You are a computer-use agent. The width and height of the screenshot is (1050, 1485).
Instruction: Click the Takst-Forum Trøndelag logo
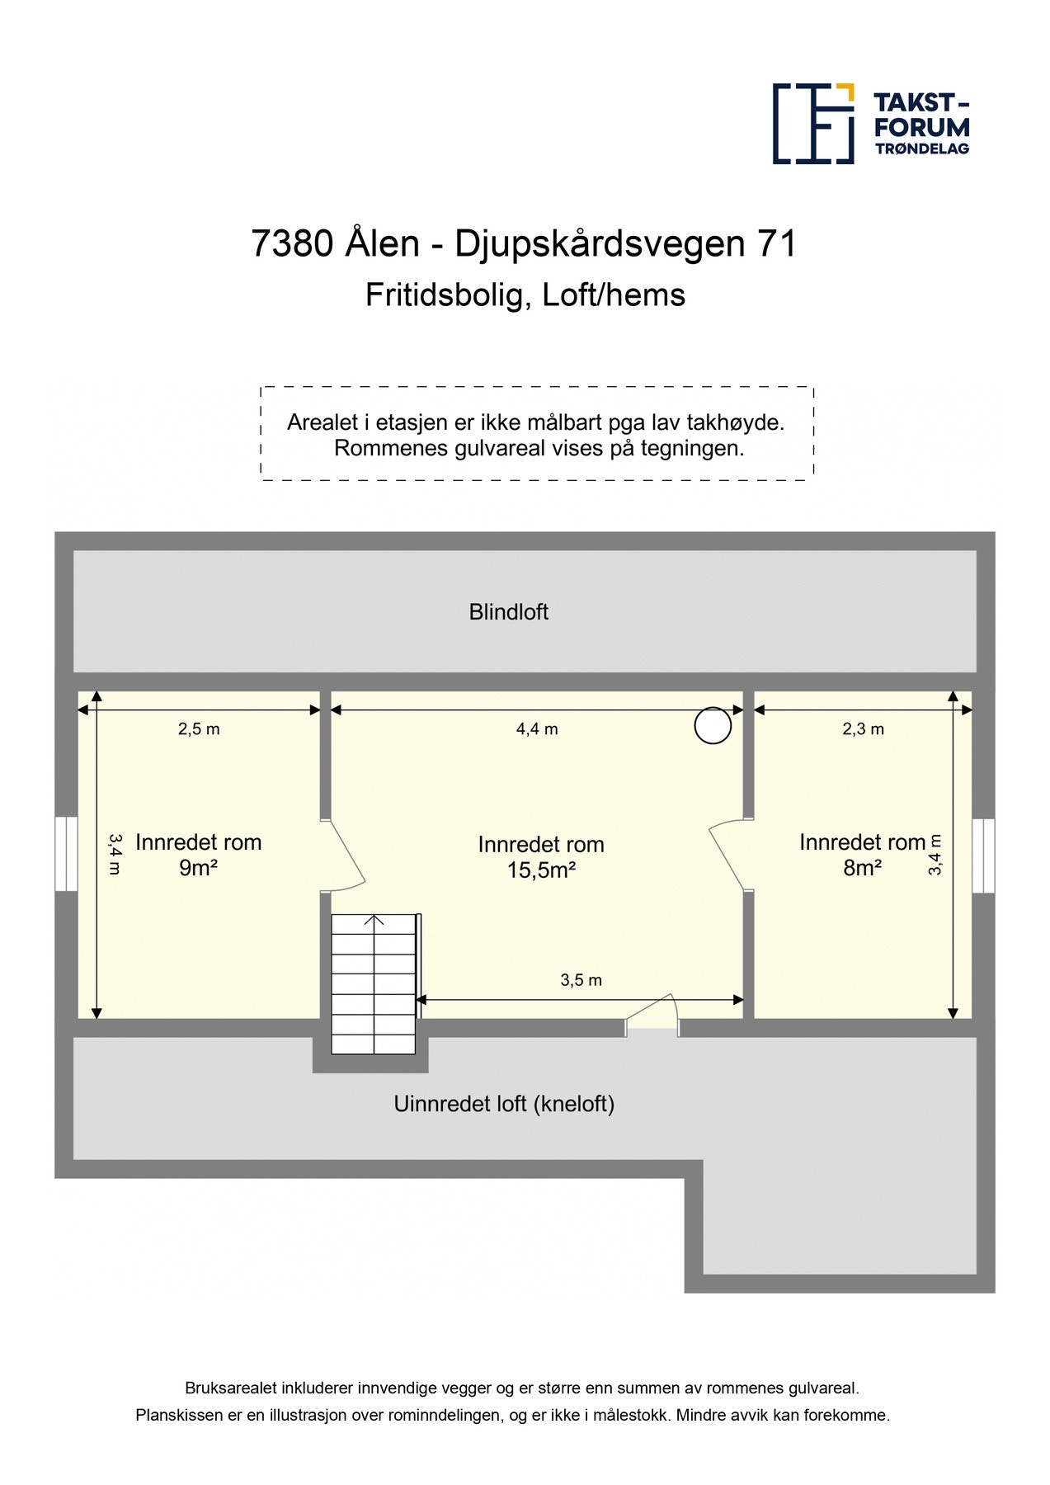[x=870, y=124]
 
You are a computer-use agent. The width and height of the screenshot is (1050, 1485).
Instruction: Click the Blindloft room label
[x=508, y=612]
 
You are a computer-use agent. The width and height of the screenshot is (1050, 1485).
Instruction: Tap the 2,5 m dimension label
[x=199, y=729]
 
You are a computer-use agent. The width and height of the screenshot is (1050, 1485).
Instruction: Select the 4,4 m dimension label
[x=537, y=729]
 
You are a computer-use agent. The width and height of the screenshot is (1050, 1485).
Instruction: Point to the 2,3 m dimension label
[x=863, y=729]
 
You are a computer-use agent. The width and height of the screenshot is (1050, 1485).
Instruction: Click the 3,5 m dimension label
[x=581, y=980]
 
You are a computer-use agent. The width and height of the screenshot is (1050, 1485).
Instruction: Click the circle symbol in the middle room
[x=713, y=726]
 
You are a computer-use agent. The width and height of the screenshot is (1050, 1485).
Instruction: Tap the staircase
[x=374, y=983]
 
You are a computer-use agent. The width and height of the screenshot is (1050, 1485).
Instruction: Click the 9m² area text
[x=198, y=868]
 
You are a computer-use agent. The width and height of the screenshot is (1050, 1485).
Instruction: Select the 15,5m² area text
[x=540, y=870]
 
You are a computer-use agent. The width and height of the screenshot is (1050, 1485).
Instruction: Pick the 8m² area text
[x=862, y=868]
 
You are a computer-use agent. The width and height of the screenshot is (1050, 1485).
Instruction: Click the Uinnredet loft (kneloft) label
[x=504, y=1104]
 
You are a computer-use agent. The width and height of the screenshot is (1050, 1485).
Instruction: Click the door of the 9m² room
[x=345, y=856]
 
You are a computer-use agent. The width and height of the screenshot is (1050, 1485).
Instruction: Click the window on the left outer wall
[x=66, y=854]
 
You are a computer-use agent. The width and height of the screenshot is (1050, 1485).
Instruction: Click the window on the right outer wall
[x=982, y=856]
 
